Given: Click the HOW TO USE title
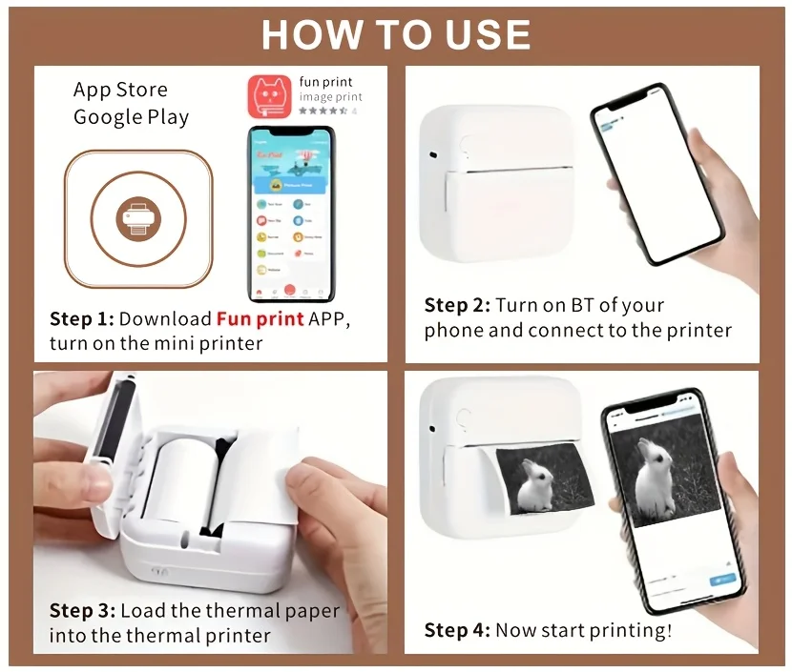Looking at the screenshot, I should click(395, 34).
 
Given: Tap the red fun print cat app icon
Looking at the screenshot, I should click(270, 97).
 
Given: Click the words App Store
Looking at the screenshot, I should click(120, 91).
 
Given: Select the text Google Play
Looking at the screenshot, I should click(131, 117).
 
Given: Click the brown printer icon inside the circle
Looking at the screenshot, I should click(138, 219).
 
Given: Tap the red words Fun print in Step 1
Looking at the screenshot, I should click(260, 318).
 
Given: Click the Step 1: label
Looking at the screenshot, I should click(81, 318).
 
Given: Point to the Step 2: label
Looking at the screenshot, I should click(457, 305).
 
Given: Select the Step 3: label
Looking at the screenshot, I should click(81, 611).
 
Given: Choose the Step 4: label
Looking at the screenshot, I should click(457, 630).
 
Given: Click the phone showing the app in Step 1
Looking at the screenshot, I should click(291, 214).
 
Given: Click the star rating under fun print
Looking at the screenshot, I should click(323, 112).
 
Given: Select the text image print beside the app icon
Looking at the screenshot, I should click(331, 97).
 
